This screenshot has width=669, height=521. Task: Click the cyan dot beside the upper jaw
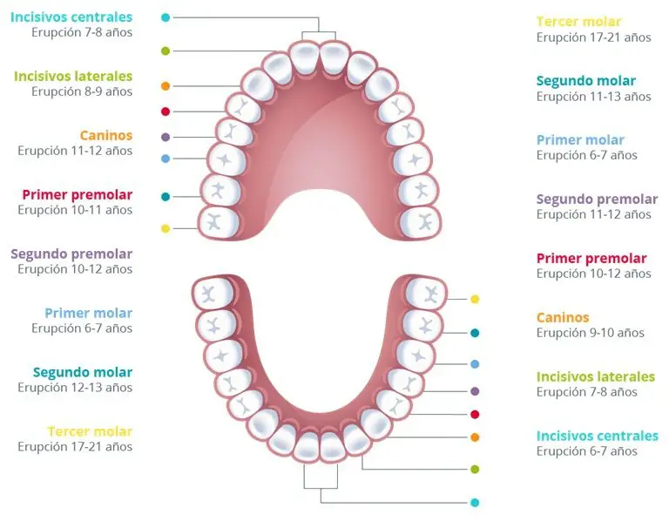[166, 17]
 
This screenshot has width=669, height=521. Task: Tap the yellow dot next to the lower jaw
[475, 299]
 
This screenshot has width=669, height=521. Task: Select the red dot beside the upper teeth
[166, 112]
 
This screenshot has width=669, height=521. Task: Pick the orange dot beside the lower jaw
[475, 437]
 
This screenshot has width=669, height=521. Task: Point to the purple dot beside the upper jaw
[166, 137]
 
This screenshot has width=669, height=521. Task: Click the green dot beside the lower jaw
[475, 470]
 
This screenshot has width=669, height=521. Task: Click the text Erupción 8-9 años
[82, 91]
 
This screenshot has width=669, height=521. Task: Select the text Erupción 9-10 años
[590, 333]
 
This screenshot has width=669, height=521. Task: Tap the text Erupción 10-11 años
[75, 210]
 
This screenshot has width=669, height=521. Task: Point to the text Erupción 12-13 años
[75, 388]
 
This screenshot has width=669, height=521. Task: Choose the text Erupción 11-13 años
[593, 97]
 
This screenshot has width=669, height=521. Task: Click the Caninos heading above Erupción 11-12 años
[106, 135]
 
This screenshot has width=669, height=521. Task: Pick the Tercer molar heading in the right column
[578, 21]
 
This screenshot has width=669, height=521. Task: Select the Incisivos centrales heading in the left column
[71, 17]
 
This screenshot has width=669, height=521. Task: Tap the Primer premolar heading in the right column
[591, 258]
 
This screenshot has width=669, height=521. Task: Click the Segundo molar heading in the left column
[83, 373]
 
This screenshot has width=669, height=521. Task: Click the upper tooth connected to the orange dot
[258, 85]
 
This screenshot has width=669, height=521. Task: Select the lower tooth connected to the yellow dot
[426, 294]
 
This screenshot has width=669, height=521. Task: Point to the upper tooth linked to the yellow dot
[219, 222]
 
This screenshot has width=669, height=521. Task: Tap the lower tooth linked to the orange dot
[376, 423]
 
